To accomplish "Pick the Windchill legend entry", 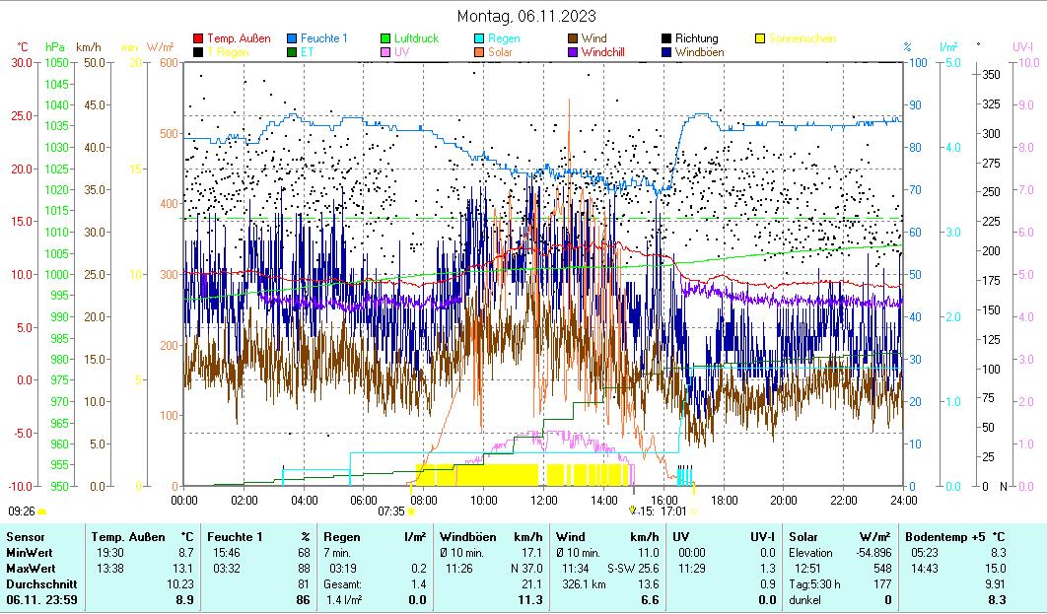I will pyautogui.click(x=608, y=51).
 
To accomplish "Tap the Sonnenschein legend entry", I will pyautogui.click(x=802, y=38).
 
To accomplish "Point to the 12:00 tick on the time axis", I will pyautogui.click(x=543, y=499).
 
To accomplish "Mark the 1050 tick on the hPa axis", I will pyautogui.click(x=56, y=62).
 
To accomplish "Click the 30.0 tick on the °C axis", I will pyautogui.click(x=22, y=62).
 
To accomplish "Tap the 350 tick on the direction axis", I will pyautogui.click(x=991, y=75).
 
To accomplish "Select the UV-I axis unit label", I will pyautogui.click(x=1022, y=46).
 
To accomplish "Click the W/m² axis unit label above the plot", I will pyautogui.click(x=160, y=46).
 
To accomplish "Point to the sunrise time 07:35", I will pyautogui.click(x=391, y=512).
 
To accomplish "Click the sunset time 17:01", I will pyautogui.click(x=673, y=512).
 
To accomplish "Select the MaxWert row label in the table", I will pyautogui.click(x=31, y=569).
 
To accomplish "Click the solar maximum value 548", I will pyautogui.click(x=880, y=569).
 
